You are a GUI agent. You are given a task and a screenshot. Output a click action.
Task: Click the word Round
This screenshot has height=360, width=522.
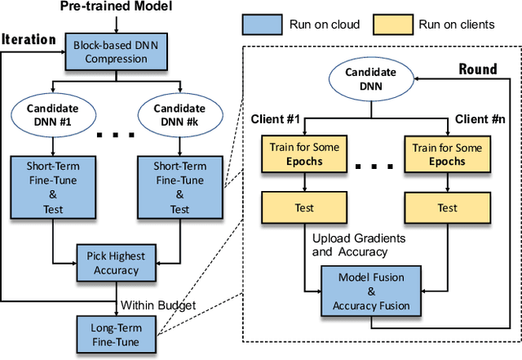coord(477,69)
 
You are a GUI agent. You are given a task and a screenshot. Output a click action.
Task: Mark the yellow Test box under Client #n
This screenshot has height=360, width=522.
coord(447,208)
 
